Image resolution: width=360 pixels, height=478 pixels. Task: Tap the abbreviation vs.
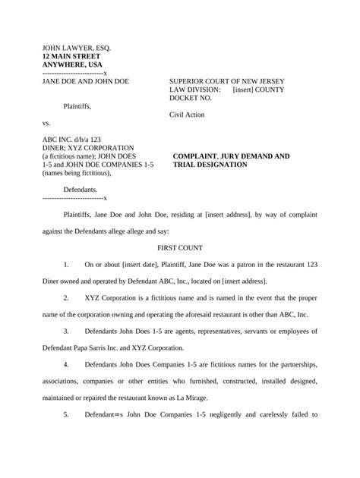(x=47, y=123)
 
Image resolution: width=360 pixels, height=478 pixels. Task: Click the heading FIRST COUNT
(x=179, y=248)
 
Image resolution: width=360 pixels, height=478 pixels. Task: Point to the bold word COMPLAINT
(x=199, y=156)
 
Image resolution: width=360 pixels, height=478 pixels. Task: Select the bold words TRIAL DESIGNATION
(x=210, y=164)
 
